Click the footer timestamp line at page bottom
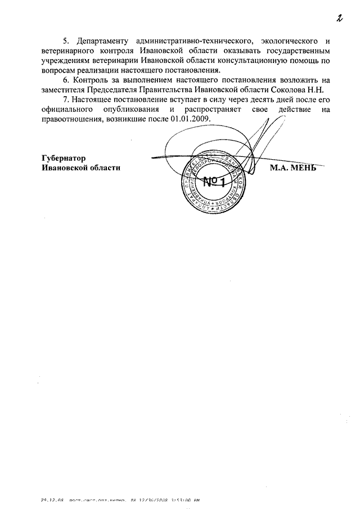tap(121, 499)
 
